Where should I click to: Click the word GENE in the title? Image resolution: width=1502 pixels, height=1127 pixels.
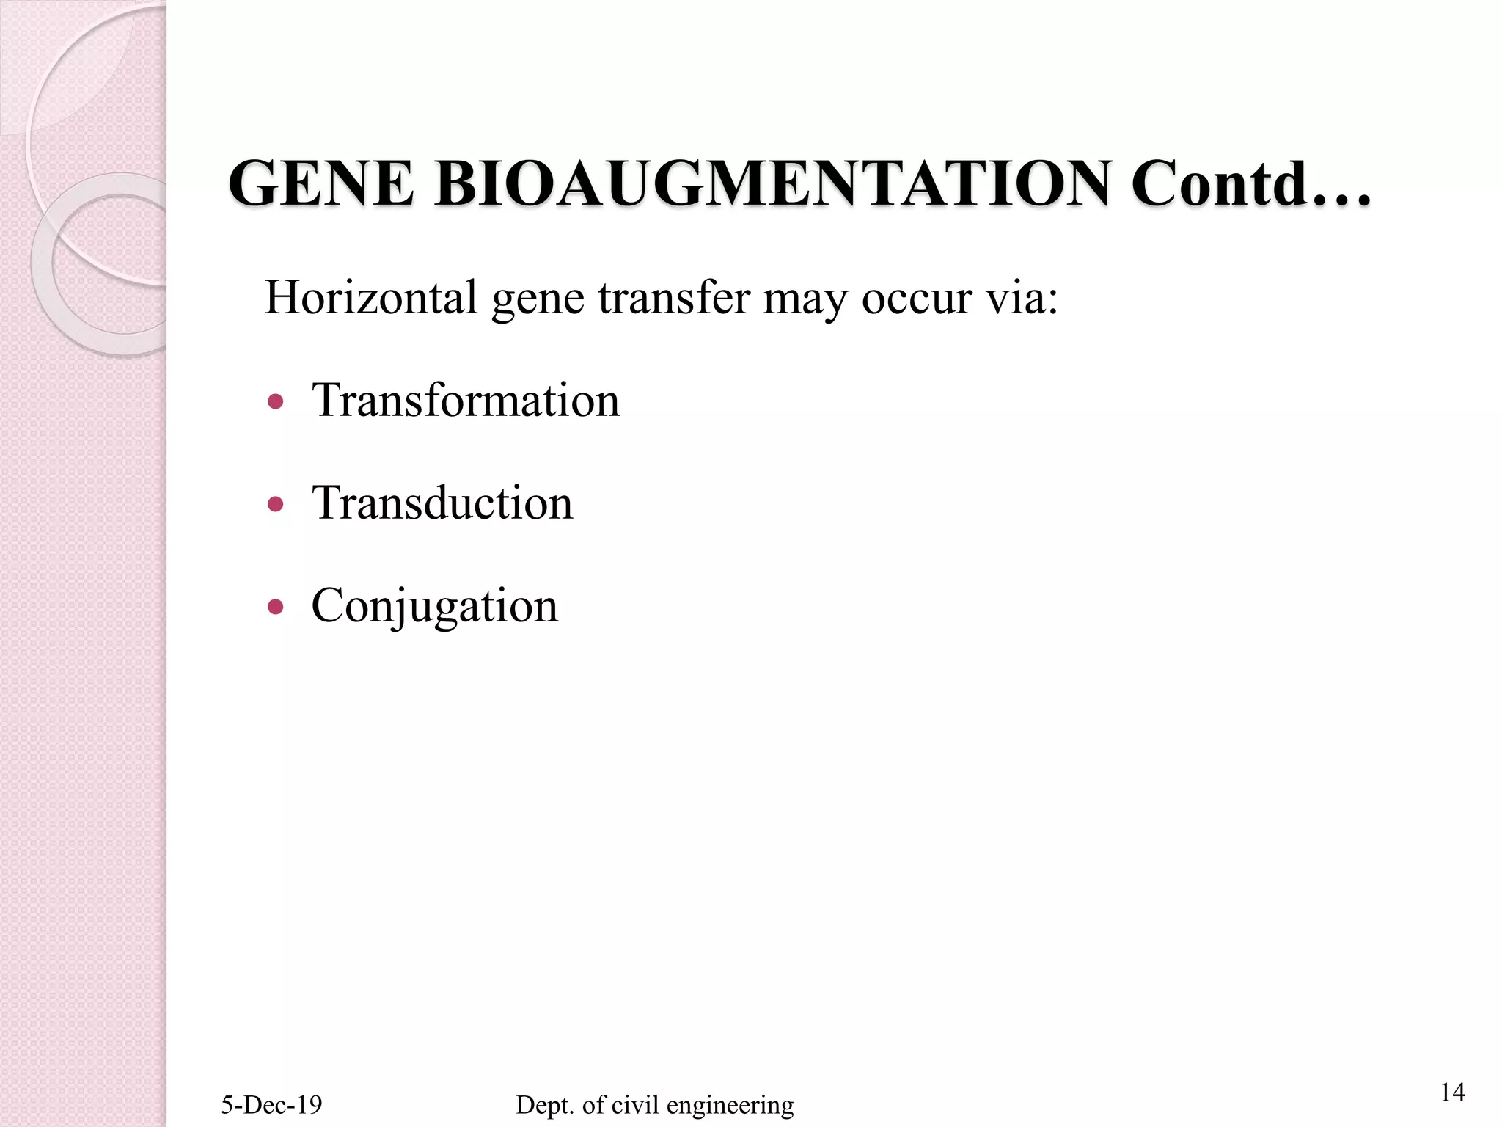tap(321, 184)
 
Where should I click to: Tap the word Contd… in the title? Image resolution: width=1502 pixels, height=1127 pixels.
tap(1250, 184)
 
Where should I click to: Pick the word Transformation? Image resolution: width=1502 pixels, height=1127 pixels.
tap(466, 401)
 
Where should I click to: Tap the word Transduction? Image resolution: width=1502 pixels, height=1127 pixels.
tap(442, 503)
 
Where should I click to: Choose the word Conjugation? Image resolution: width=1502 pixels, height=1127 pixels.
tap(435, 608)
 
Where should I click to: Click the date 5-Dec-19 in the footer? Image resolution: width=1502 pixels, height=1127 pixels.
tap(271, 1105)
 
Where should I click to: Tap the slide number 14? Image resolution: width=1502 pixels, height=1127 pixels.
tap(1452, 1093)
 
